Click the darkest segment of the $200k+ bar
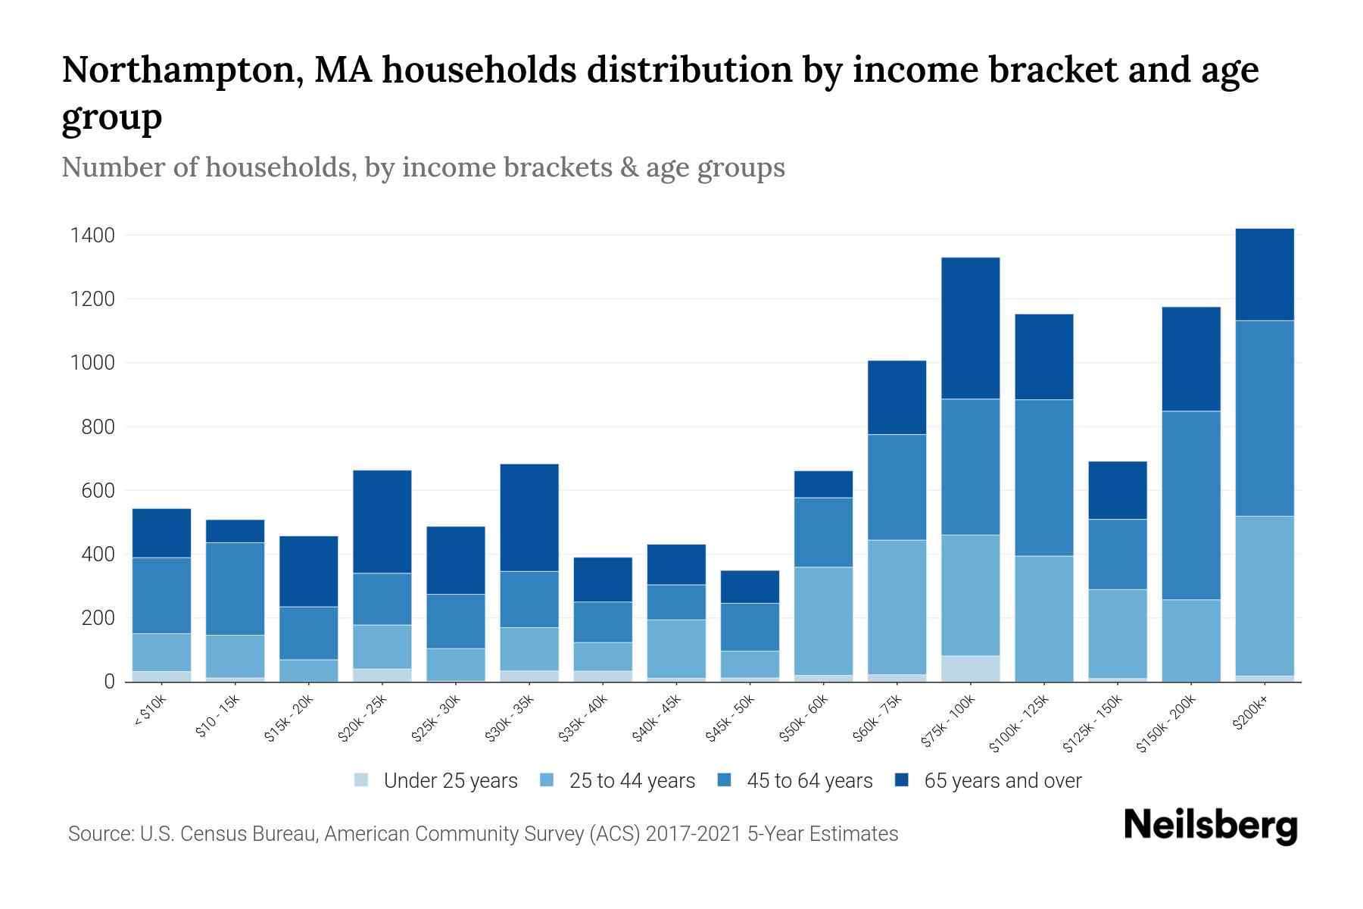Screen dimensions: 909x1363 pyautogui.click(x=1264, y=274)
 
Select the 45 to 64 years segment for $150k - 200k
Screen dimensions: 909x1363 pyautogui.click(x=1191, y=505)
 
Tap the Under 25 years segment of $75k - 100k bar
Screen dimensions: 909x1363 pyautogui.click(x=970, y=668)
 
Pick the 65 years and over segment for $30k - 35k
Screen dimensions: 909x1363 pyautogui.click(x=529, y=517)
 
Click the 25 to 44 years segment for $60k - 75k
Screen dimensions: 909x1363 pyautogui.click(x=897, y=607)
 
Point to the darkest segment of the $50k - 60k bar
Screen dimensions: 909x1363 pyautogui.click(x=823, y=484)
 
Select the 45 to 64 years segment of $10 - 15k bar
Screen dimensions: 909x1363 pyautogui.click(x=235, y=589)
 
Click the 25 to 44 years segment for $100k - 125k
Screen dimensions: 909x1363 pyautogui.click(x=1043, y=618)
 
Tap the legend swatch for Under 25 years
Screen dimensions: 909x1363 pyautogui.click(x=362, y=780)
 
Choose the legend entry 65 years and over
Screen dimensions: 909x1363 pyautogui.click(x=1002, y=781)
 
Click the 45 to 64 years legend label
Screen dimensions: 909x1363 pyautogui.click(x=809, y=781)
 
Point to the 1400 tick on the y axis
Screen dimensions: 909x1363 pyautogui.click(x=92, y=236)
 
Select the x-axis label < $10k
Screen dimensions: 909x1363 pyautogui.click(x=150, y=711)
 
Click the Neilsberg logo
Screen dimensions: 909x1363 pyautogui.click(x=1210, y=826)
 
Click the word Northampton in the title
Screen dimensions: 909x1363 pyautogui.click(x=182, y=70)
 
